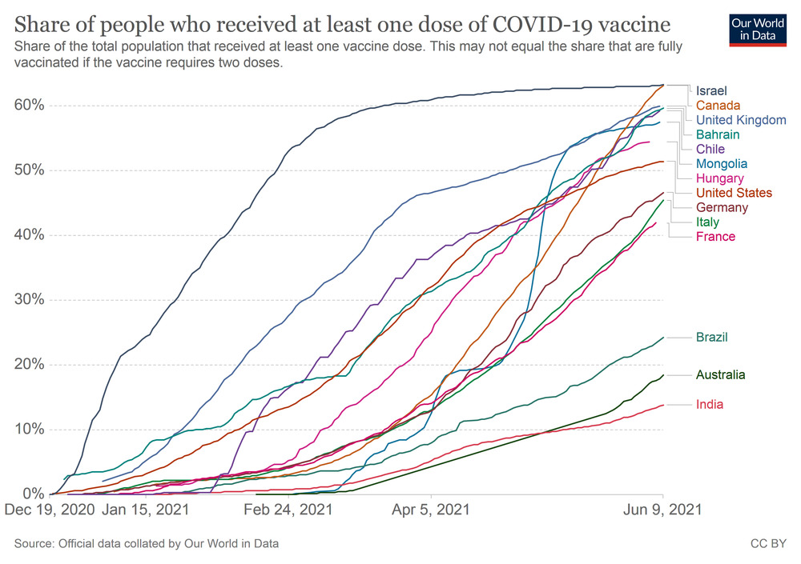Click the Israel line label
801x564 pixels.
(711, 90)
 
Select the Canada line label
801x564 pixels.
(718, 106)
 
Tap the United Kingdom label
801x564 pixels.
(741, 120)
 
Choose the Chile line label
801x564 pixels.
(710, 150)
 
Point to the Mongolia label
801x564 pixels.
(722, 164)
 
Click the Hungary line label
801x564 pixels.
(719, 178)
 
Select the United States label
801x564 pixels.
(734, 193)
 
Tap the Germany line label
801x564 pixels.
(722, 207)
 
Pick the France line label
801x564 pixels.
(715, 237)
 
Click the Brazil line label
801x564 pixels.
(711, 338)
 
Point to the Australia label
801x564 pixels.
(720, 374)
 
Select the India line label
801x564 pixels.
(709, 405)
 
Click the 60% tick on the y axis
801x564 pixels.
(29, 106)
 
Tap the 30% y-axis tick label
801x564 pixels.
(29, 300)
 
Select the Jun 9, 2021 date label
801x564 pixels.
(662, 509)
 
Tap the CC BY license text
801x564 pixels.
(768, 544)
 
